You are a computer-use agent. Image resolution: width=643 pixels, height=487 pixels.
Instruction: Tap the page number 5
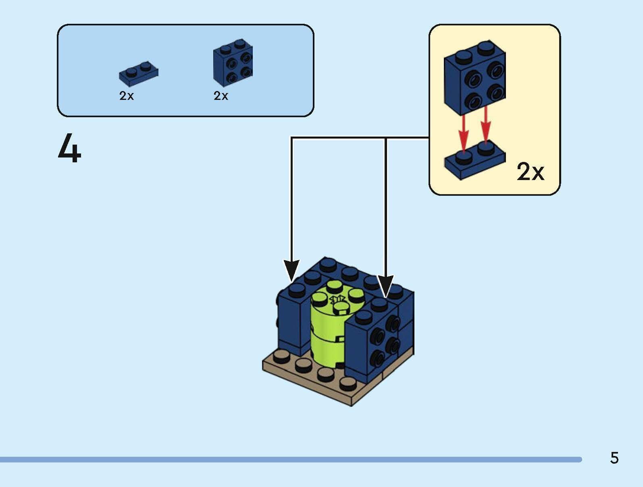click(614, 458)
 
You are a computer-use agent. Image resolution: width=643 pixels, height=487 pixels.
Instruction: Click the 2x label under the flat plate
click(126, 96)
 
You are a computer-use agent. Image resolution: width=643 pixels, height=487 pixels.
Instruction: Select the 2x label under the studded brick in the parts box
click(221, 96)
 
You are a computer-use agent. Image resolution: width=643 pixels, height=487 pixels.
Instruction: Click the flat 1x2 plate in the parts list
click(138, 74)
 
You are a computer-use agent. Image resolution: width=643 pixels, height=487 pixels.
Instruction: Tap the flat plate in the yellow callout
click(475, 161)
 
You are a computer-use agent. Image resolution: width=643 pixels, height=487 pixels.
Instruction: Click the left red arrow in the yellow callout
click(464, 133)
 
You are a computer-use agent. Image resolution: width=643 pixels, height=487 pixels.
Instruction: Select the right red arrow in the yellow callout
click(486, 125)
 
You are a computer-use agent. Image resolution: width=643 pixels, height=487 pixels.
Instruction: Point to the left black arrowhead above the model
click(291, 270)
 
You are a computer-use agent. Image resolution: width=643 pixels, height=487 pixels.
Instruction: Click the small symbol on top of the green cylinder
click(337, 299)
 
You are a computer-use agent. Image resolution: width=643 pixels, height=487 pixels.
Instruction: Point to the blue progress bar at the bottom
click(290, 460)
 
